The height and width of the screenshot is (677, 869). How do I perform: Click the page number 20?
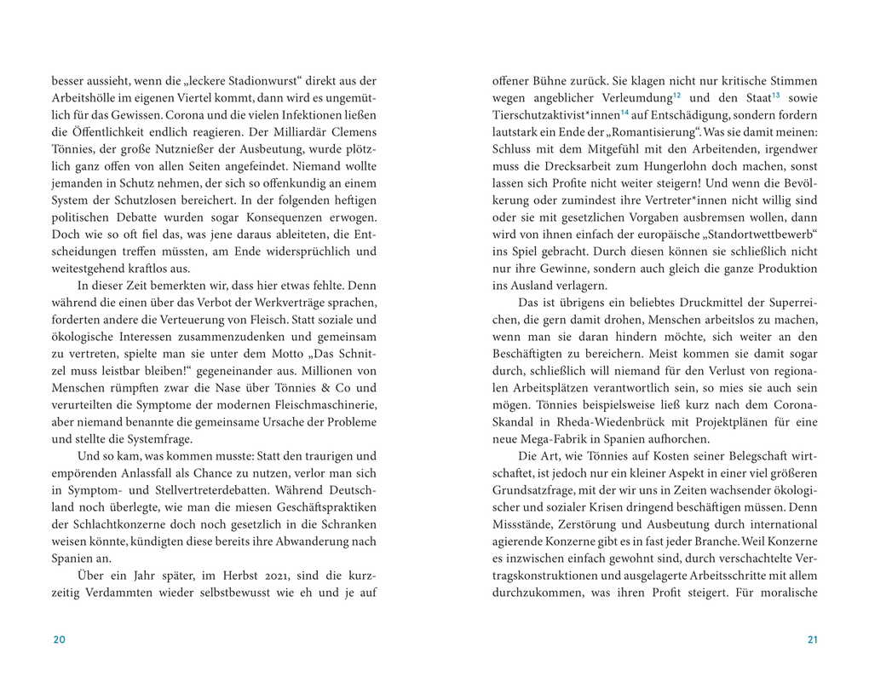click(58, 640)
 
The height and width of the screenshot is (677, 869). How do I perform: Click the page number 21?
click(812, 640)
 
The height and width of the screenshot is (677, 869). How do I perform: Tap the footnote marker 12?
click(676, 95)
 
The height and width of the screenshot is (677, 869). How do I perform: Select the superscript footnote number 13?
click(775, 95)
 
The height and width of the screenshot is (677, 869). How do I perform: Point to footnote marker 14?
click(624, 112)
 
